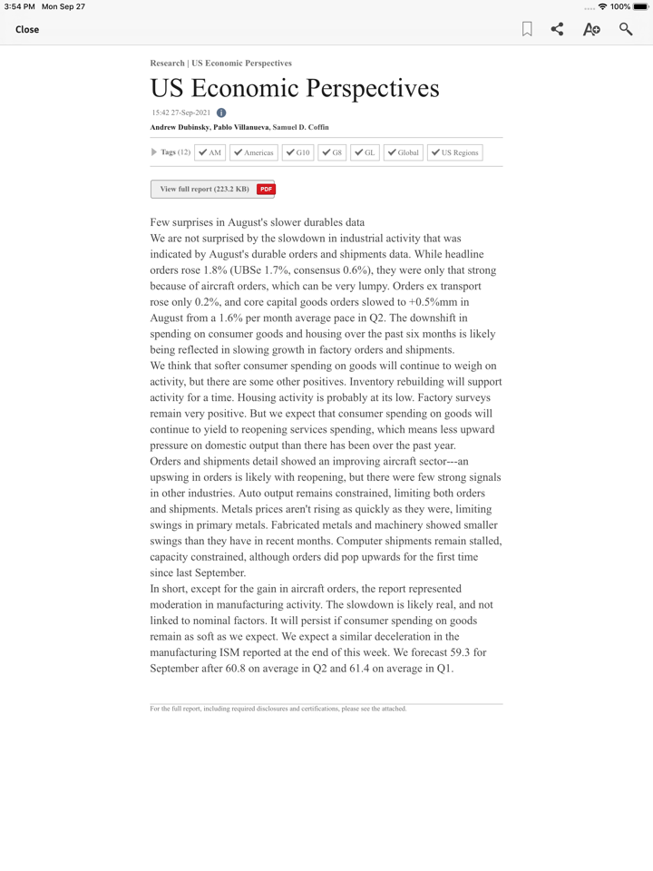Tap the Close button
[27, 29]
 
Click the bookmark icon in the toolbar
[527, 29]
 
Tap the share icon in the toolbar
[557, 29]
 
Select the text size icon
[591, 29]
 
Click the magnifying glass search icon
[626, 29]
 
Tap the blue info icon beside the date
[221, 113]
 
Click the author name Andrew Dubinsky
[180, 127]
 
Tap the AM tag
[210, 152]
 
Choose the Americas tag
[253, 152]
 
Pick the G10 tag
[297, 152]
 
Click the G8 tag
[332, 152]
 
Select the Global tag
[403, 152]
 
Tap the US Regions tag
[454, 152]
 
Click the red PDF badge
[266, 189]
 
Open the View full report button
[204, 189]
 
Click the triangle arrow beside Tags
[154, 152]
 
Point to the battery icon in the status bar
[640, 6]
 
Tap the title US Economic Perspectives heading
[295, 88]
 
